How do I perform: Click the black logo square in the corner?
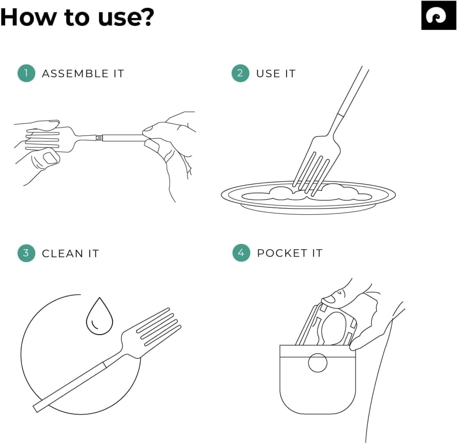439,15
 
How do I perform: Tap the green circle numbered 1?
26,73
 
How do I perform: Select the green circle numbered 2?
240,73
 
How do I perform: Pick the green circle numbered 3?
26,253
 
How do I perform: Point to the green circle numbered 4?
241,253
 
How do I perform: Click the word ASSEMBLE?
75,73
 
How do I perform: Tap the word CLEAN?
62,254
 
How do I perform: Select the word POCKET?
282,253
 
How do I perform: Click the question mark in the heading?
147,17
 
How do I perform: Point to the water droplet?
100,316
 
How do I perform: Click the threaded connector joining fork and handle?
99,138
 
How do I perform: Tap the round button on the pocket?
317,363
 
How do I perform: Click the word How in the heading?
28,17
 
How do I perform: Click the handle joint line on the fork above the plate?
340,115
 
